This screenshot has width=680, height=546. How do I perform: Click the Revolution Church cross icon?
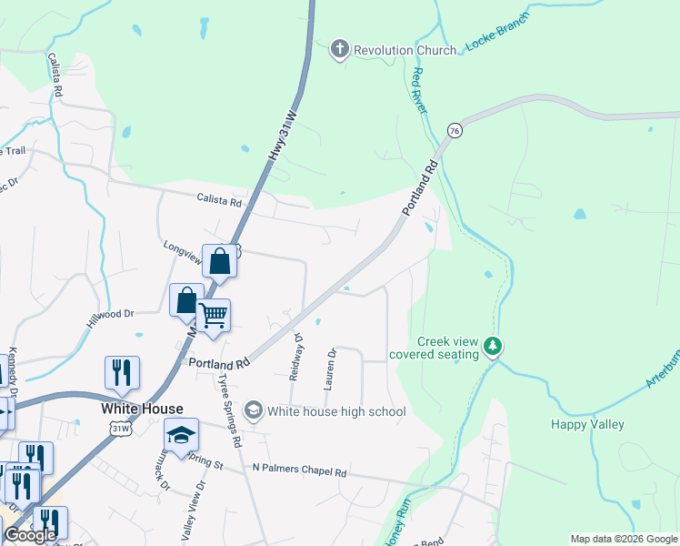[x=340, y=50]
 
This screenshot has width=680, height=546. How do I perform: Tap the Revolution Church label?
[x=405, y=50]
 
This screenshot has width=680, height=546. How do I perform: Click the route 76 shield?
[x=455, y=131]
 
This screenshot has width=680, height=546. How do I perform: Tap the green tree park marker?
[x=493, y=346]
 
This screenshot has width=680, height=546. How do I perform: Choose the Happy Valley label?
[x=587, y=424]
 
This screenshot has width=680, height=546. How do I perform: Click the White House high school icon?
[x=254, y=411]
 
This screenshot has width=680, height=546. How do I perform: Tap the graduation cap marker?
[x=181, y=434]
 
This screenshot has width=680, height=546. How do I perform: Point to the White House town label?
[x=142, y=409]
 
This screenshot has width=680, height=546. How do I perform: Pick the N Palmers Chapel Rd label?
[x=300, y=472]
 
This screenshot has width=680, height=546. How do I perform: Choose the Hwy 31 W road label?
[x=283, y=136]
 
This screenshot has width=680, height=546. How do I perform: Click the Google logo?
[x=30, y=535]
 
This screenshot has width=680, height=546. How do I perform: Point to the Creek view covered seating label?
[x=435, y=348]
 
